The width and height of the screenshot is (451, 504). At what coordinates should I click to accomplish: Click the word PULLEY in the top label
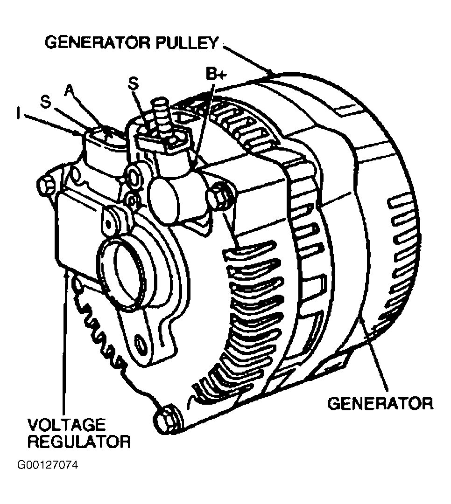187,43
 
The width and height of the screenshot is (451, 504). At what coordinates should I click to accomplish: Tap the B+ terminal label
216,75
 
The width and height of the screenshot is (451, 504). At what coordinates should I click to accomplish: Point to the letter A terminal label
69,90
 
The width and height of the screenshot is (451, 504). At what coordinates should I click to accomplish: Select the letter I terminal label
19,113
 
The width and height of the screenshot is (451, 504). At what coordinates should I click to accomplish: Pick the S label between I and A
46,102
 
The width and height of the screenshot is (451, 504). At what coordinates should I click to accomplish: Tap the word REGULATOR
79,442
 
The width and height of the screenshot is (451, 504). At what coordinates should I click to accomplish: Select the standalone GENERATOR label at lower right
380,403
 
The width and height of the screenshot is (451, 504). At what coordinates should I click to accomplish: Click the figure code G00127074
48,465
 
